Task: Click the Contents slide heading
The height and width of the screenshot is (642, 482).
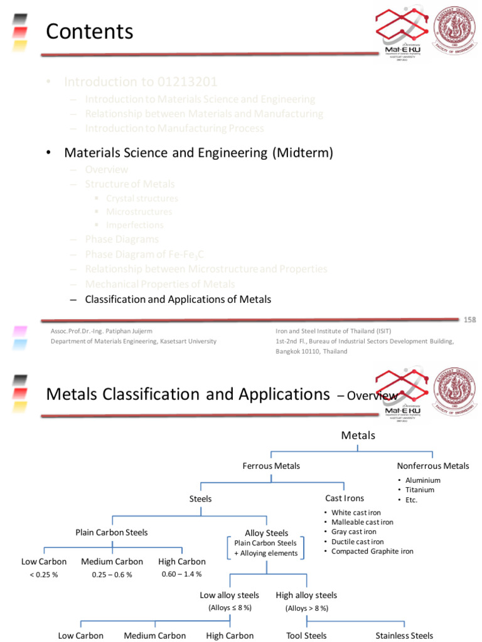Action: pyautogui.click(x=90, y=31)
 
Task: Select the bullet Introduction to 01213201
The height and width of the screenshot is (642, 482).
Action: pyautogui.click(x=141, y=82)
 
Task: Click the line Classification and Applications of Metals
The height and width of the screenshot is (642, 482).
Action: pyautogui.click(x=178, y=299)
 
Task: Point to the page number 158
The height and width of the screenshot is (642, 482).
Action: pyautogui.click(x=470, y=320)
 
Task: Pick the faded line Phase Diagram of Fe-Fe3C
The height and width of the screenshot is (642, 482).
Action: pyautogui.click(x=144, y=254)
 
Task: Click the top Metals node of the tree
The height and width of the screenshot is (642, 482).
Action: pyautogui.click(x=358, y=435)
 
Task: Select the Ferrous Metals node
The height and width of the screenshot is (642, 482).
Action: pyautogui.click(x=271, y=466)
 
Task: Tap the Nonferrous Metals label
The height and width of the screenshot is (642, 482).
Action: pyautogui.click(x=432, y=466)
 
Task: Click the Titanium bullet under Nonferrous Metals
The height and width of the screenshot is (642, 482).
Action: pyautogui.click(x=420, y=490)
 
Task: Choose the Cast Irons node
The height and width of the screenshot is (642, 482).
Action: pyautogui.click(x=345, y=498)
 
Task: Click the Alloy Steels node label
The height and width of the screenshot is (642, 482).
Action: pyautogui.click(x=266, y=533)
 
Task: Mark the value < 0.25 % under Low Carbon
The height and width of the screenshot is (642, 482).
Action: pyautogui.click(x=43, y=575)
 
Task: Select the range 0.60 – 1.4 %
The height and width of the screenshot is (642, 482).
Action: pyautogui.click(x=181, y=574)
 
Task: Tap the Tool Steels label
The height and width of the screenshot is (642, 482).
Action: pyautogui.click(x=306, y=635)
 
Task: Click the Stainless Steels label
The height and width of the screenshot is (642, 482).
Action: pyautogui.click(x=404, y=635)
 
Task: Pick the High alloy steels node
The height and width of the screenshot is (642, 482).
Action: pyautogui.click(x=306, y=595)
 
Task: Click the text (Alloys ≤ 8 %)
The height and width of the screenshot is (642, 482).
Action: pyautogui.click(x=230, y=608)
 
